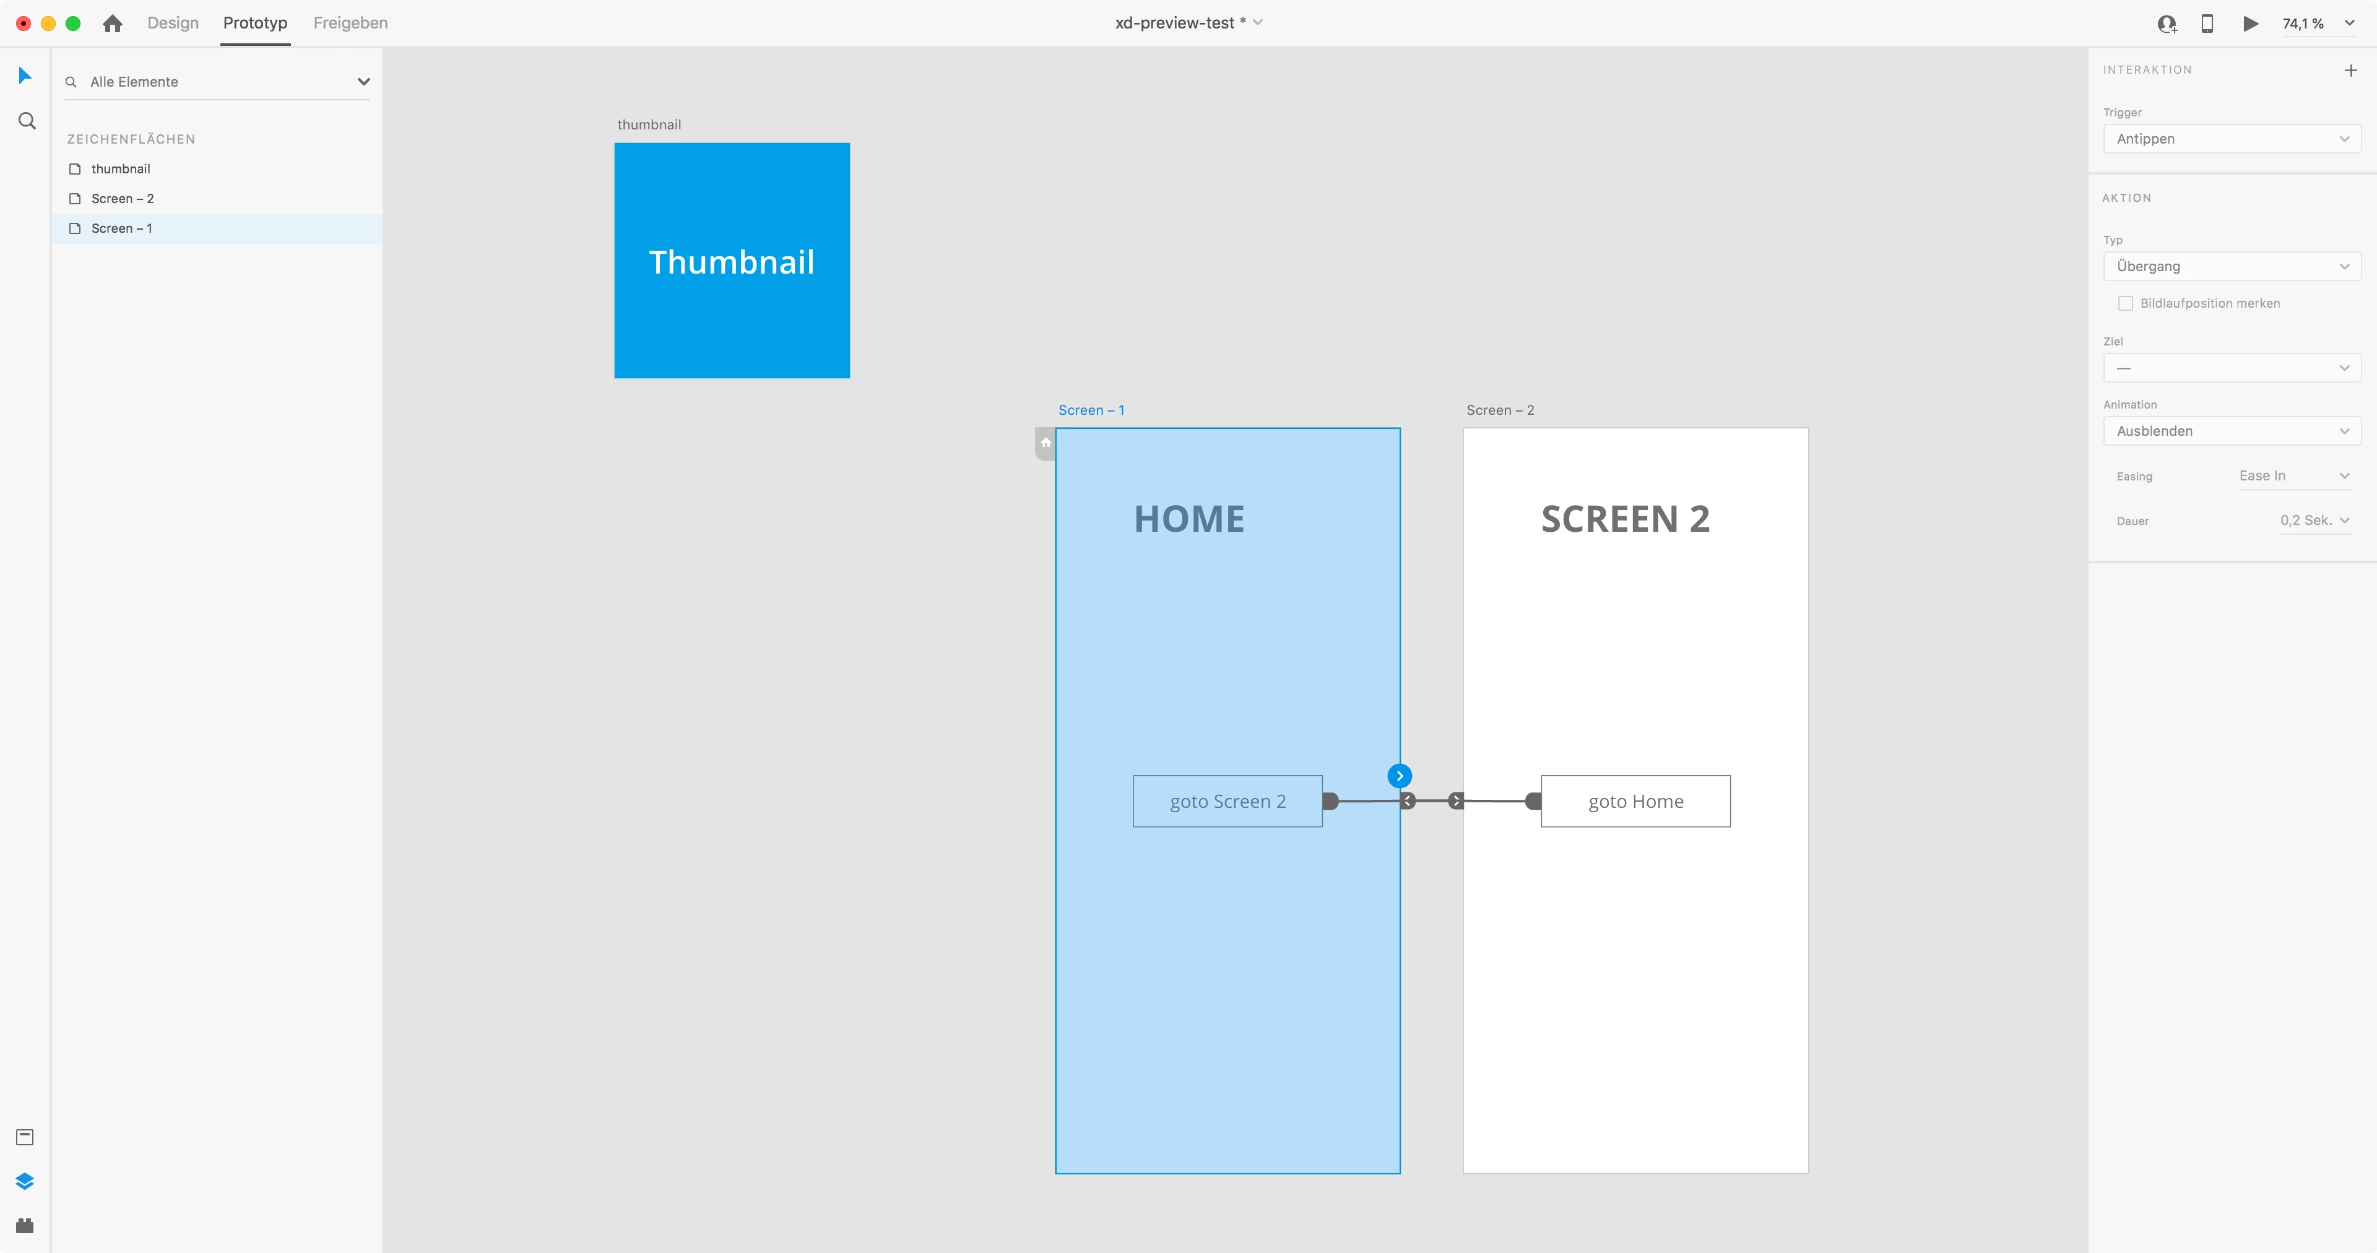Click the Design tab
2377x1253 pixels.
[173, 23]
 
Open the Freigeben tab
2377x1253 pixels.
[350, 23]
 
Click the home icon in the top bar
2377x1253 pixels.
[113, 23]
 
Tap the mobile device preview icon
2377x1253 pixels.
[2207, 23]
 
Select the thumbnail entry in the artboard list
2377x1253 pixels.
[120, 169]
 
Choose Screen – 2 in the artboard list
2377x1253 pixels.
[123, 198]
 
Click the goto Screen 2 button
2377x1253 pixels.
[1227, 801]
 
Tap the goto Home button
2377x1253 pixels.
[1635, 801]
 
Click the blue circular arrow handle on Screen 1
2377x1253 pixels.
[1399, 776]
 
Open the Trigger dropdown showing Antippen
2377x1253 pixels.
[2231, 139]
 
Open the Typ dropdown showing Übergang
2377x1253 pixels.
[2231, 266]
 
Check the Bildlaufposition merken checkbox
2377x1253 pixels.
[2125, 303]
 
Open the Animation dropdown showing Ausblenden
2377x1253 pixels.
[2231, 431]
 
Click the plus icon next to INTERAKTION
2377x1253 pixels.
[2350, 70]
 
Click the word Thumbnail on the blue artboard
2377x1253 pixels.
[732, 262]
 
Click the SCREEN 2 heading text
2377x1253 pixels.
[1625, 519]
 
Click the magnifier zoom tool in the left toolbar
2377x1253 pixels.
[27, 121]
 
